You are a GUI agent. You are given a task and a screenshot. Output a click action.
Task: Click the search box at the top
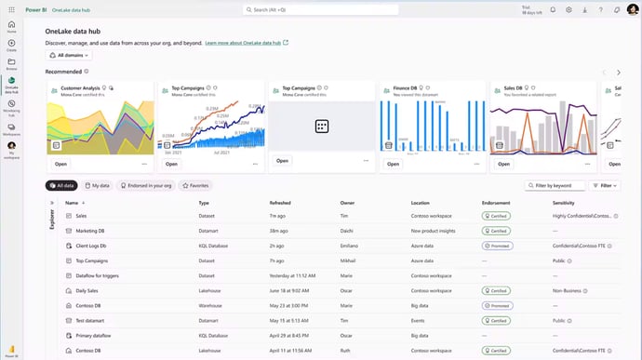point(321,9)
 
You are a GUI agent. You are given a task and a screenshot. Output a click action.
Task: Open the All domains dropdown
point(68,56)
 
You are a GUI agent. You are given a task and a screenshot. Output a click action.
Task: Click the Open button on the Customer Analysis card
point(61,164)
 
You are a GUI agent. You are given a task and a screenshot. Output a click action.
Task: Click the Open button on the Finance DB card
point(394,164)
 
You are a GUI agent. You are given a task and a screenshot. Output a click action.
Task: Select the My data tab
point(97,186)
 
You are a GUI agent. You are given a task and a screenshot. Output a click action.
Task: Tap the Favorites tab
point(195,186)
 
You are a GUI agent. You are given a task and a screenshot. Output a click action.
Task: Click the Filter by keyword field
point(556,186)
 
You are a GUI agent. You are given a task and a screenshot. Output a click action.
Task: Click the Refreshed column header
point(280,202)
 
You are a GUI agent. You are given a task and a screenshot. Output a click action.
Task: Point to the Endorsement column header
point(496,202)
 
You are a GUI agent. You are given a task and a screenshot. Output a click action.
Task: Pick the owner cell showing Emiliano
point(349,246)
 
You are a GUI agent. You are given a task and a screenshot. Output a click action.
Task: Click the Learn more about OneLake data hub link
point(244,43)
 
